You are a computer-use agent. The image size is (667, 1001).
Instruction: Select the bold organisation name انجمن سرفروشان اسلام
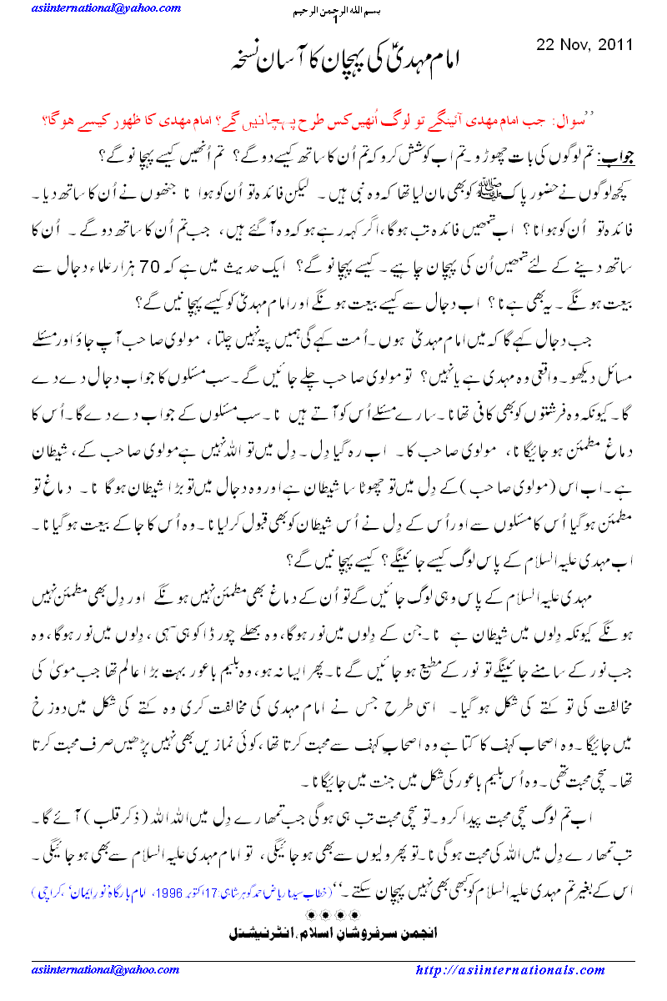(333, 912)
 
